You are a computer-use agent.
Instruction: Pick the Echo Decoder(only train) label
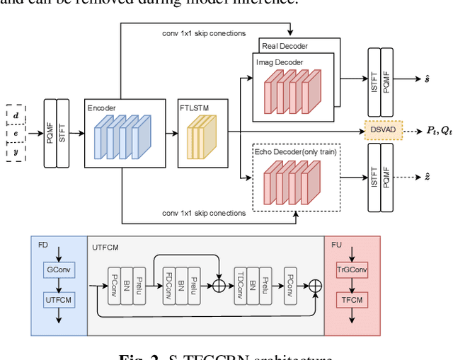pos(294,151)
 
